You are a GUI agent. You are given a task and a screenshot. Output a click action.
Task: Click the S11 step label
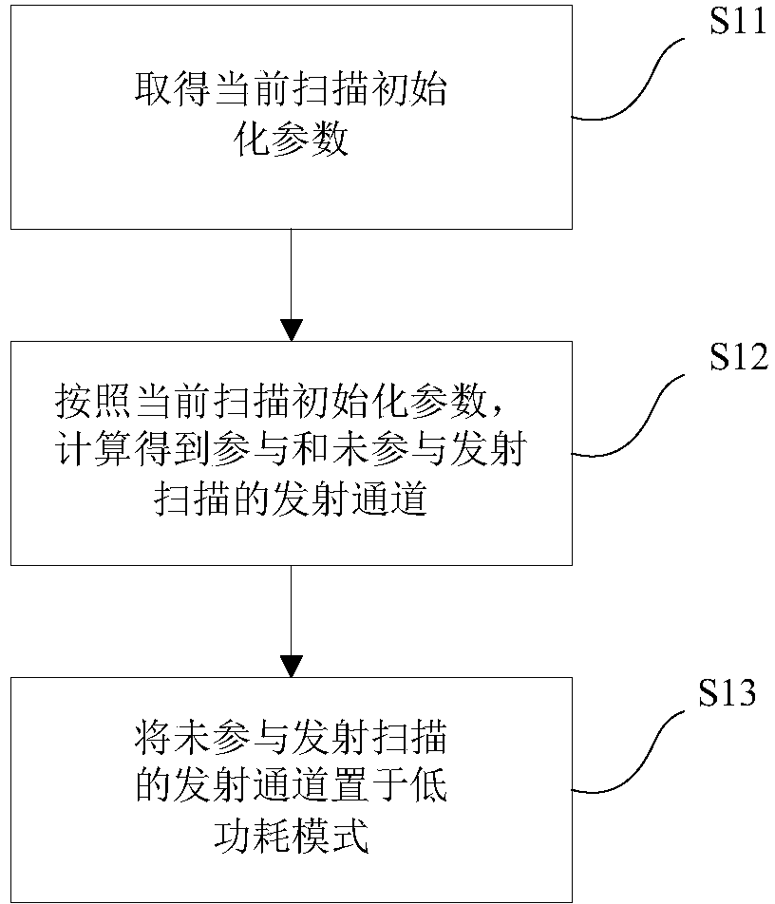click(738, 23)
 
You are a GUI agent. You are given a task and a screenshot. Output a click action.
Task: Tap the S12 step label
click(738, 357)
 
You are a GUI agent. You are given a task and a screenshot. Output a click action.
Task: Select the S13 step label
click(727, 692)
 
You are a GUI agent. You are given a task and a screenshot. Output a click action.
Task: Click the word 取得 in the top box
click(173, 90)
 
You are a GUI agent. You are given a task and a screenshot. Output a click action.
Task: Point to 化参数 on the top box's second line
click(292, 140)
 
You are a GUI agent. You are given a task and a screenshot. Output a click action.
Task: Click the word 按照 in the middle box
click(94, 402)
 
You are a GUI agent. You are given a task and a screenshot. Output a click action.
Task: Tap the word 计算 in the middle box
click(94, 450)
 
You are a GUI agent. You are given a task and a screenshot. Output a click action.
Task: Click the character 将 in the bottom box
click(154, 738)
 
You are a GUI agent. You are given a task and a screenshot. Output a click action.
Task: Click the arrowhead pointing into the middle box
click(292, 330)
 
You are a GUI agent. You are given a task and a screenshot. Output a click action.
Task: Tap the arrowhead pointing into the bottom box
click(292, 667)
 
